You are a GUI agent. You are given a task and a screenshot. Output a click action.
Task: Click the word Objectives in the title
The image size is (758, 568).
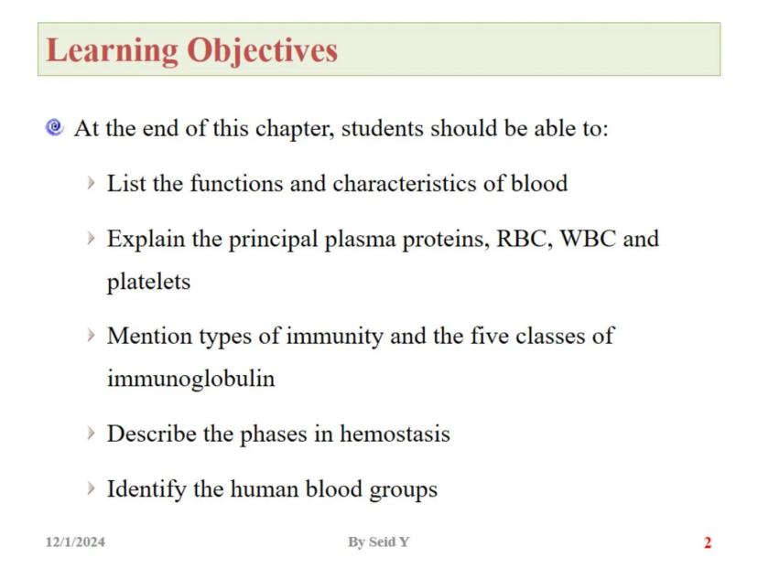263,49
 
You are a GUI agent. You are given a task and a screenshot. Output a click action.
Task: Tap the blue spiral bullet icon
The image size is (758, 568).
54,127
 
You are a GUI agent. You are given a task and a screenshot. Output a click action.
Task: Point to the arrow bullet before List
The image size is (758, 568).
91,183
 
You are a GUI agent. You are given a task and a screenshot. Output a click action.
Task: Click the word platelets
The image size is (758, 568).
148,282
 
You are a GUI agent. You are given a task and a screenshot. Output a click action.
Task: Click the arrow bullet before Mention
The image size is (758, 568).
91,336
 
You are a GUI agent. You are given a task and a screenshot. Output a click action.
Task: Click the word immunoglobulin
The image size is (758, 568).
190,379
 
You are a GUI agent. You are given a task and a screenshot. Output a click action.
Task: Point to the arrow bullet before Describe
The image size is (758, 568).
91,433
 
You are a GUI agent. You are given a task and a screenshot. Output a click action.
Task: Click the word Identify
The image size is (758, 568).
146,489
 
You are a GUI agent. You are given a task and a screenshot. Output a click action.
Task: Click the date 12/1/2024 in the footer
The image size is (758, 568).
75,542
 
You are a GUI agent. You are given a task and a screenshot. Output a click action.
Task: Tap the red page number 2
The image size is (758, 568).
707,543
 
